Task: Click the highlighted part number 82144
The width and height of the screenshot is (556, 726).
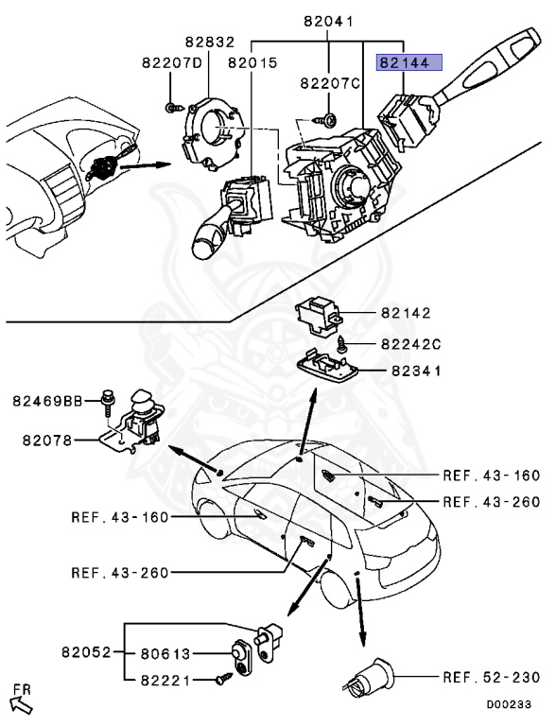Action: point(403,63)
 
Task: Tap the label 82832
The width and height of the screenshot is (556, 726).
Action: point(210,43)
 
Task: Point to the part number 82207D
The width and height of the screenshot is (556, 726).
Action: point(172,63)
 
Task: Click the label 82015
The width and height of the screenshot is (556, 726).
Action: point(252,63)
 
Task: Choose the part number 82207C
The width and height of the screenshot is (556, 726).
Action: point(331,84)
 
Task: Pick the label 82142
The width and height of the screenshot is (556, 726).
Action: point(406,313)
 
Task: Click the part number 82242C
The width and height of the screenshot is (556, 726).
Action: point(411,344)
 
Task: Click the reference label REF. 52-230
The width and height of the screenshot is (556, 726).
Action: point(491,677)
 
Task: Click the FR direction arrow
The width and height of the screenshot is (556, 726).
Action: point(20,699)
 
